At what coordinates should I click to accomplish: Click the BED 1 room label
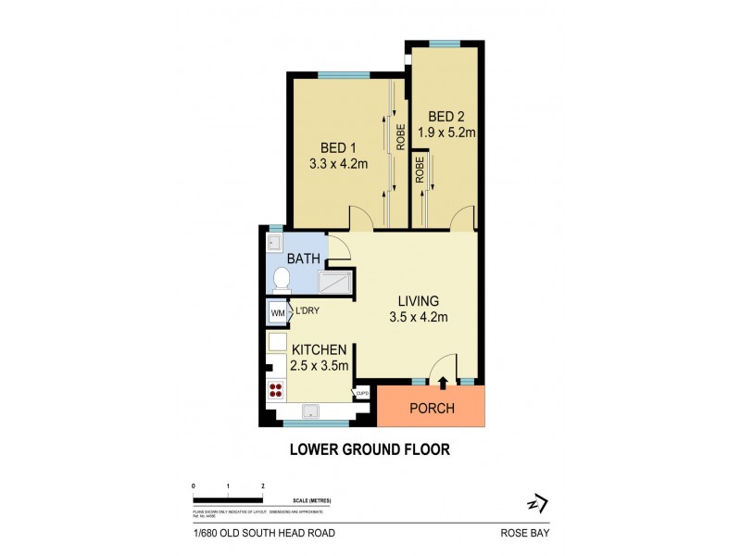pos(338,148)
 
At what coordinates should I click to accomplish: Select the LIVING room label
pos(417,302)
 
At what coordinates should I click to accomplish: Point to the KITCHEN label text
pos(320,349)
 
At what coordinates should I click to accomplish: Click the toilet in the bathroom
pos(283,278)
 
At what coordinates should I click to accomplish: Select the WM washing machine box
pos(277,314)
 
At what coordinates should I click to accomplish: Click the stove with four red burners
pos(276,390)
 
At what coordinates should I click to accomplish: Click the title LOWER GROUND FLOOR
pos(370,450)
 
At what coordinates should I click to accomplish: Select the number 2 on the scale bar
pos(263,486)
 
